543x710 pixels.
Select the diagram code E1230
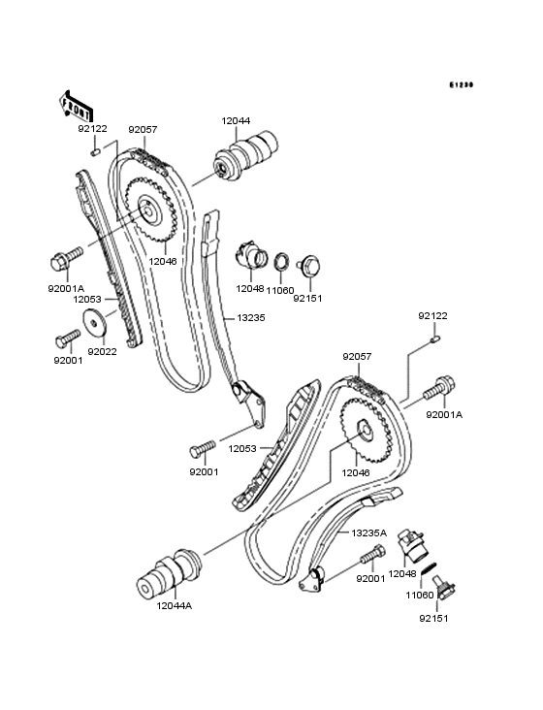pos(461,84)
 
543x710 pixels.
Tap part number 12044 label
pos(236,121)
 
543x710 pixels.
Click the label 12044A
pos(175,605)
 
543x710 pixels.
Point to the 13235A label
pos(369,532)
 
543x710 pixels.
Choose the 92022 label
pos(102,351)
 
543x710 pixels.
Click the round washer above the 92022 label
pos(93,322)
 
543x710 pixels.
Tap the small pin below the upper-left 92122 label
pos(95,152)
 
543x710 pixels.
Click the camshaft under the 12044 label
pos(244,156)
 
